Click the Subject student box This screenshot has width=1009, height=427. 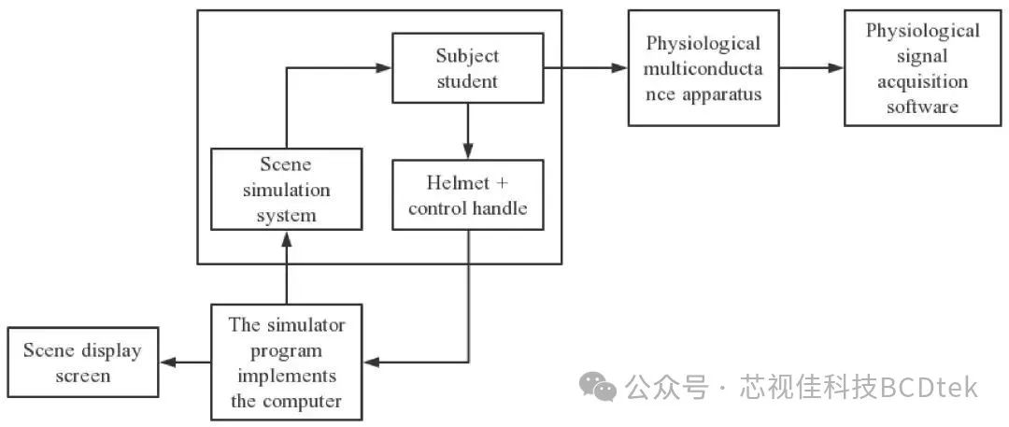(468, 68)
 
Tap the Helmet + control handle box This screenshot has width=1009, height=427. (468, 195)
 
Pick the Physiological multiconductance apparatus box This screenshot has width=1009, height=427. (703, 68)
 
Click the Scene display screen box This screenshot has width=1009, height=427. (82, 363)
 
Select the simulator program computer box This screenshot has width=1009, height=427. (287, 363)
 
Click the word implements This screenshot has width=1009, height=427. (287, 377)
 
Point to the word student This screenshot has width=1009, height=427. (467, 81)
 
